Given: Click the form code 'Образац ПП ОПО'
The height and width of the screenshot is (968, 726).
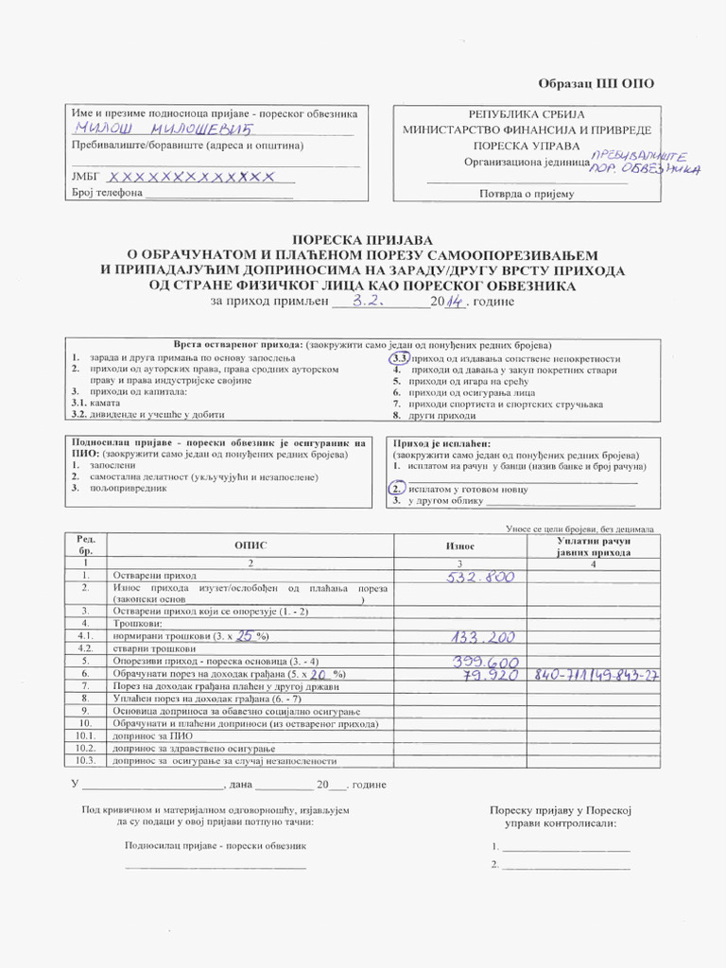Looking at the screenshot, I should pos(596,83).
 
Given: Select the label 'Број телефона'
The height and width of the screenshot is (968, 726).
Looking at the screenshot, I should pos(106,194).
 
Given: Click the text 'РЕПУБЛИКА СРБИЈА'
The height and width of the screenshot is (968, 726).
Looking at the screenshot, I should pos(527,114).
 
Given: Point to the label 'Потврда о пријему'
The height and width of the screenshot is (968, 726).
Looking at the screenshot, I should pos(527,194).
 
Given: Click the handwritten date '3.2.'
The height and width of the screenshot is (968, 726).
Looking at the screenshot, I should pos(367,301).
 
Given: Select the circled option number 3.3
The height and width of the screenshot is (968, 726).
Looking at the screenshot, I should pos(399,359).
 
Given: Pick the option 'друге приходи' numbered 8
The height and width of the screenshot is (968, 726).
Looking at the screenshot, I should pos(442,416).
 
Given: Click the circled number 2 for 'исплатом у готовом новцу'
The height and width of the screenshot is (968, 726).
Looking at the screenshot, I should pos(397,489).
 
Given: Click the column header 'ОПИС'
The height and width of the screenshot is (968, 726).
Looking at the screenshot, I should pos(250,546).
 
